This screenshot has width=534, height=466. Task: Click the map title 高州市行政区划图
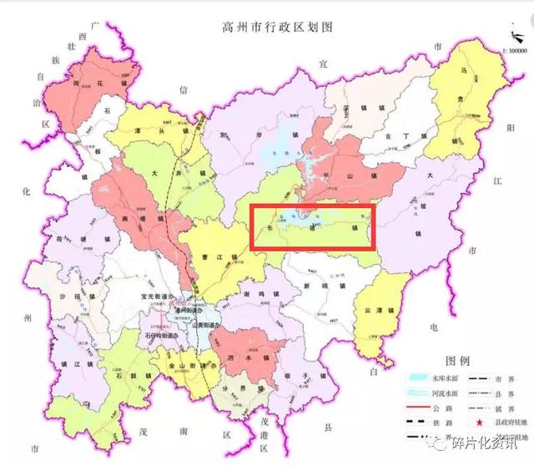266,27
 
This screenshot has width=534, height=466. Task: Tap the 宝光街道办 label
161,296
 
